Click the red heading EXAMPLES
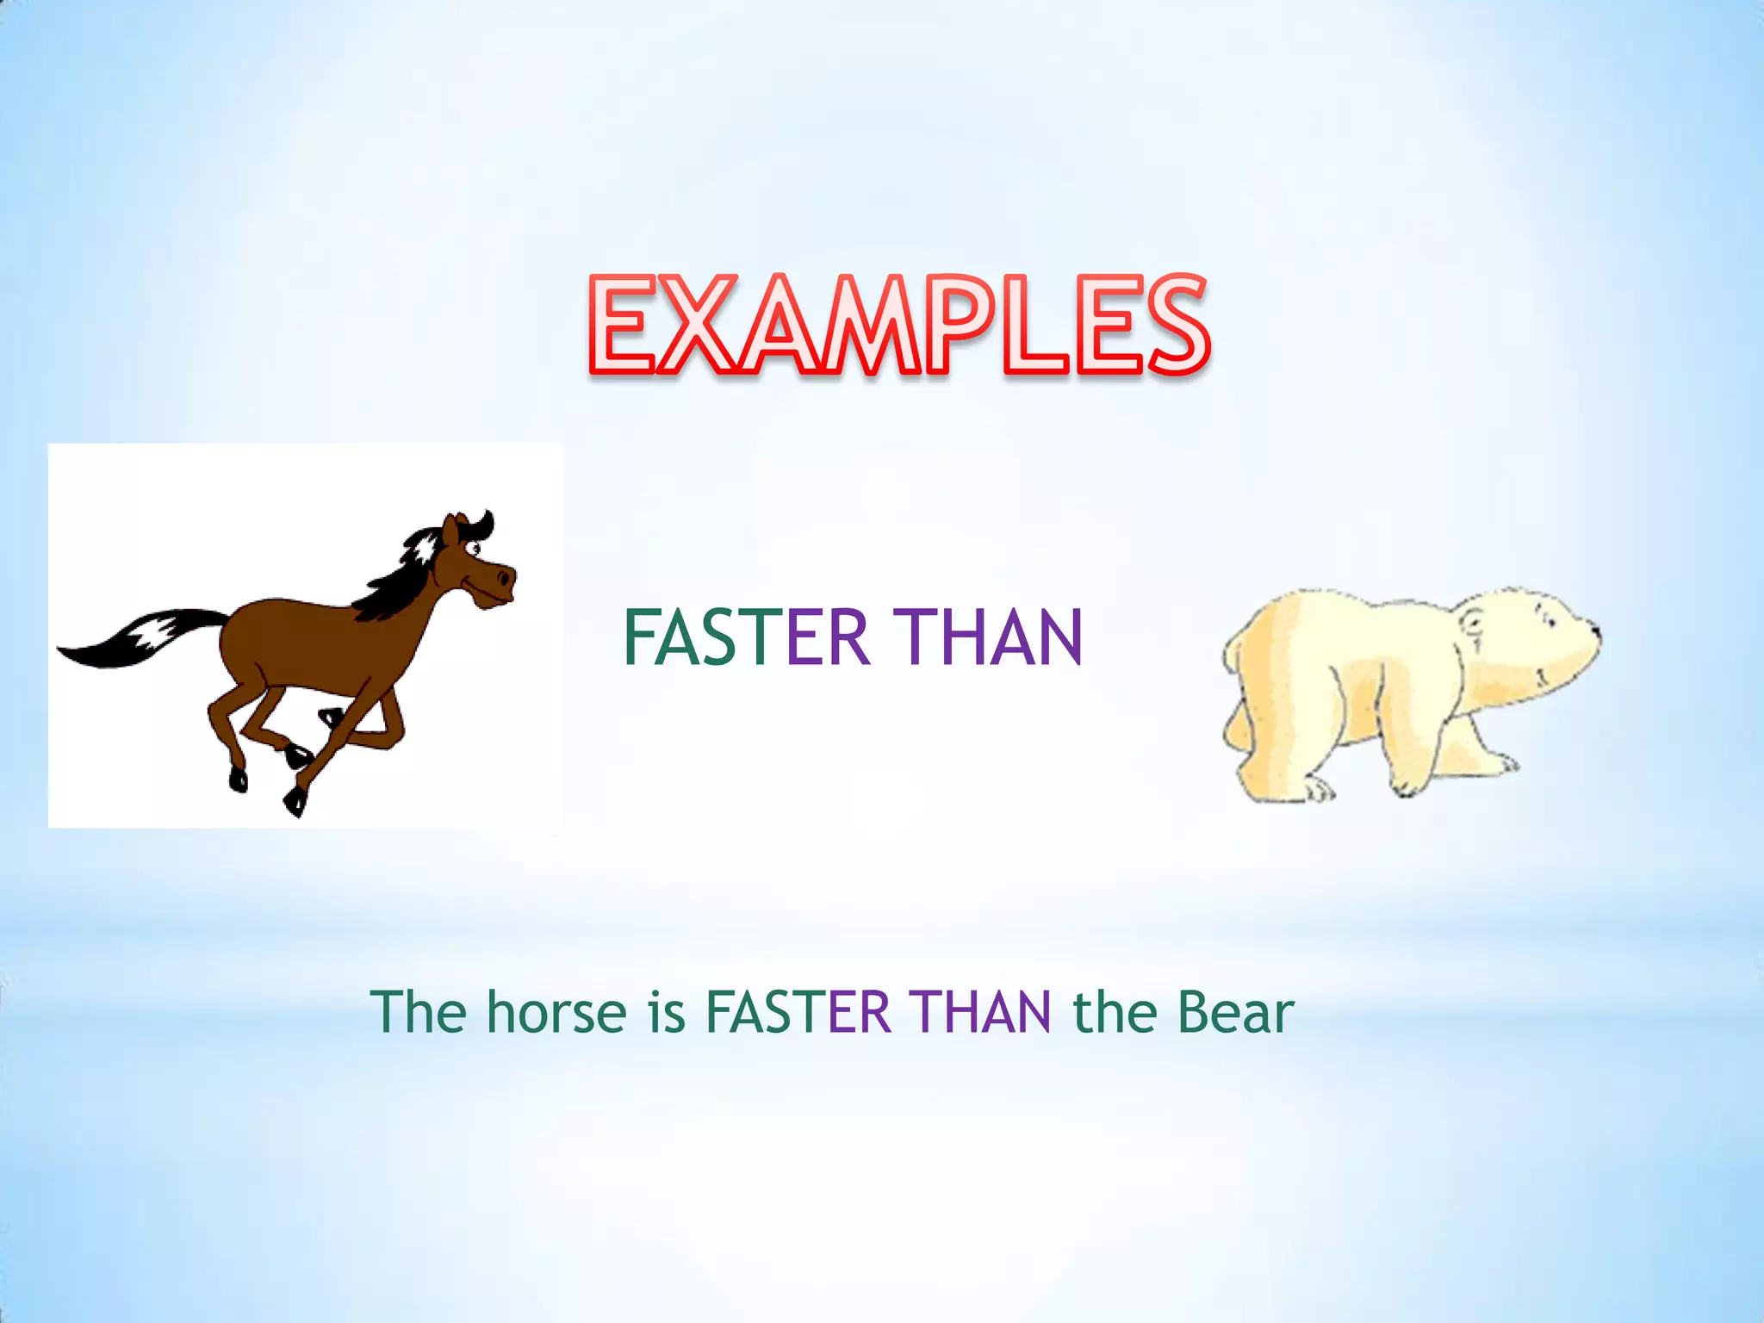click(x=900, y=326)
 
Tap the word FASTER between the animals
click(x=745, y=638)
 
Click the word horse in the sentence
click(x=556, y=1012)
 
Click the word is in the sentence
click(x=667, y=1012)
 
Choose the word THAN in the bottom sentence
click(x=982, y=1012)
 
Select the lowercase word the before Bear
click(x=1115, y=1012)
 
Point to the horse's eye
click(x=473, y=548)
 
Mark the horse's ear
click(x=450, y=528)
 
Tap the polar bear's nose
click(x=1594, y=635)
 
